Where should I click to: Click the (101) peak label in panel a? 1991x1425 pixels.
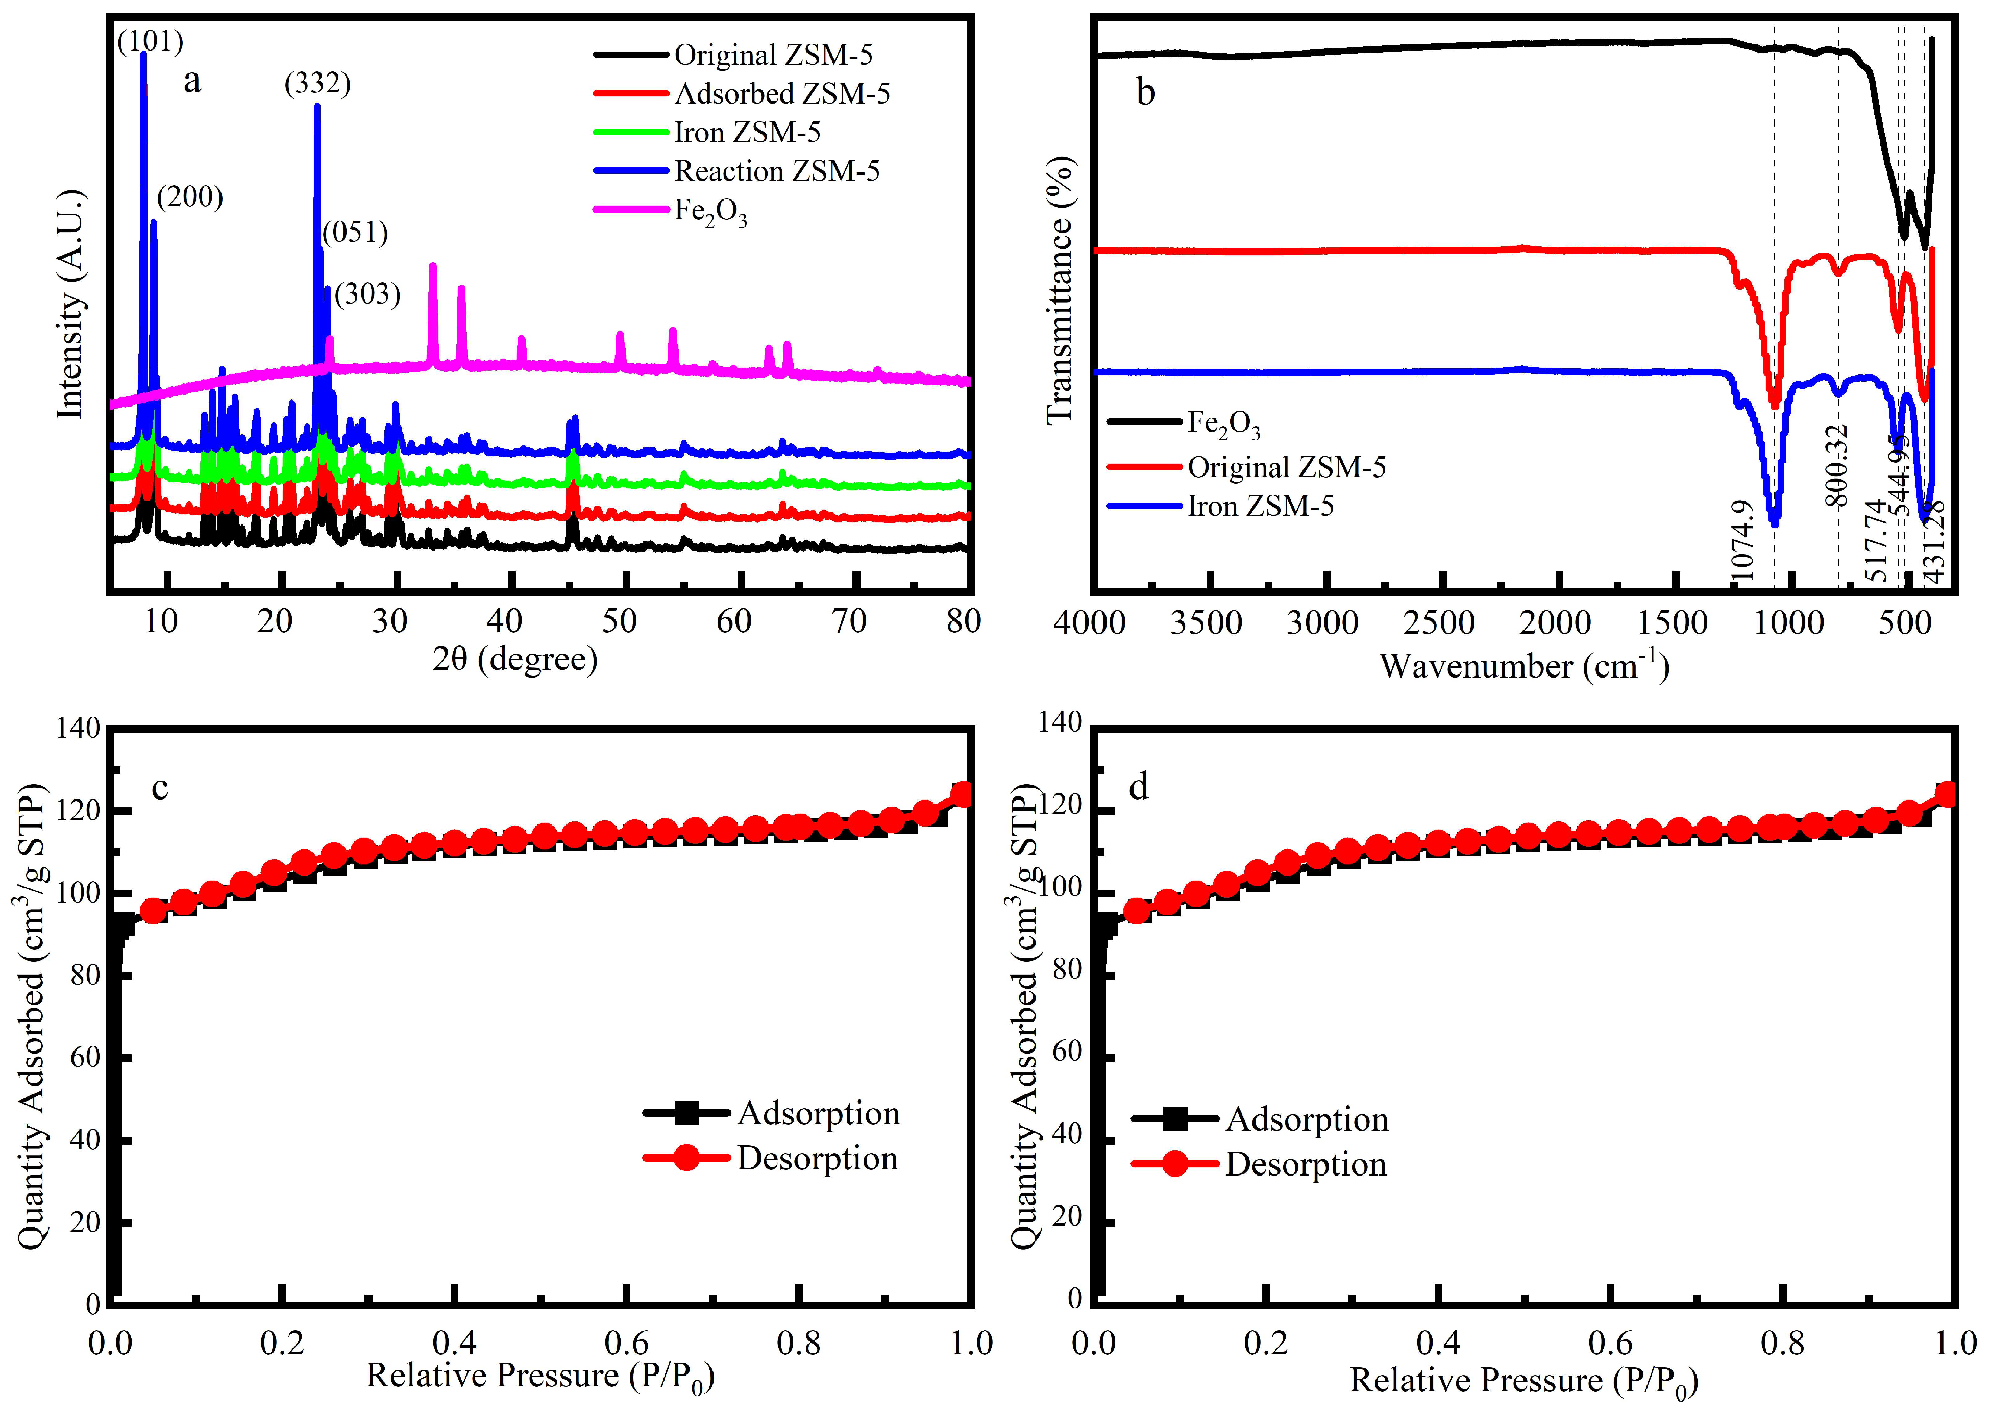(x=150, y=41)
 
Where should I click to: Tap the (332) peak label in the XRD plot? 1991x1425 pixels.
(x=317, y=83)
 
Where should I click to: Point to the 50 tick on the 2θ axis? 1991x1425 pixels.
(x=620, y=621)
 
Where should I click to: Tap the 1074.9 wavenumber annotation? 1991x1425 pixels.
(x=1742, y=540)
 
